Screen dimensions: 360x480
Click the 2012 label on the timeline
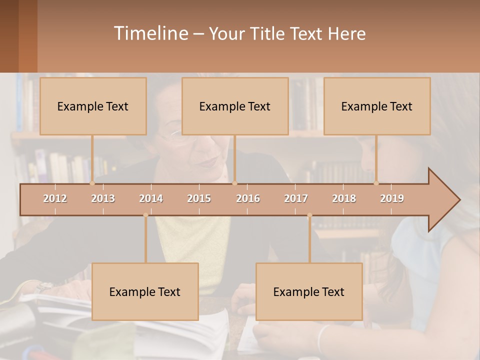(x=55, y=198)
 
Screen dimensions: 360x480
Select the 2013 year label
(x=103, y=198)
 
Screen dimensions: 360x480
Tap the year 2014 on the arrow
(x=151, y=198)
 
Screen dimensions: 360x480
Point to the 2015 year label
(x=199, y=198)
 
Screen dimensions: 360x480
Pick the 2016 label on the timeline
(x=248, y=198)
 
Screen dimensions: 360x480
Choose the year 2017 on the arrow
(x=296, y=198)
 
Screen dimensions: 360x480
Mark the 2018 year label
(x=344, y=198)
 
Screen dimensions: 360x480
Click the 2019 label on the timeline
(x=392, y=198)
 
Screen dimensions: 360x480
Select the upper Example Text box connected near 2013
(x=93, y=106)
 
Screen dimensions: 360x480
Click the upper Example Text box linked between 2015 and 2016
(x=235, y=106)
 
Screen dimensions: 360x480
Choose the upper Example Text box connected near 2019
(x=377, y=106)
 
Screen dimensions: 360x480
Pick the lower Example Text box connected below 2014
(x=145, y=291)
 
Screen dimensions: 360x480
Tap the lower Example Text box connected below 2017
(x=309, y=291)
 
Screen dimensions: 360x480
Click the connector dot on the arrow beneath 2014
(x=145, y=215)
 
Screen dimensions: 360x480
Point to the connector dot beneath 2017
(x=309, y=215)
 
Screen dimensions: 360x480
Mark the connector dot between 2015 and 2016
(x=234, y=183)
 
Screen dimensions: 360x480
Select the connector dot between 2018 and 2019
(x=376, y=183)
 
